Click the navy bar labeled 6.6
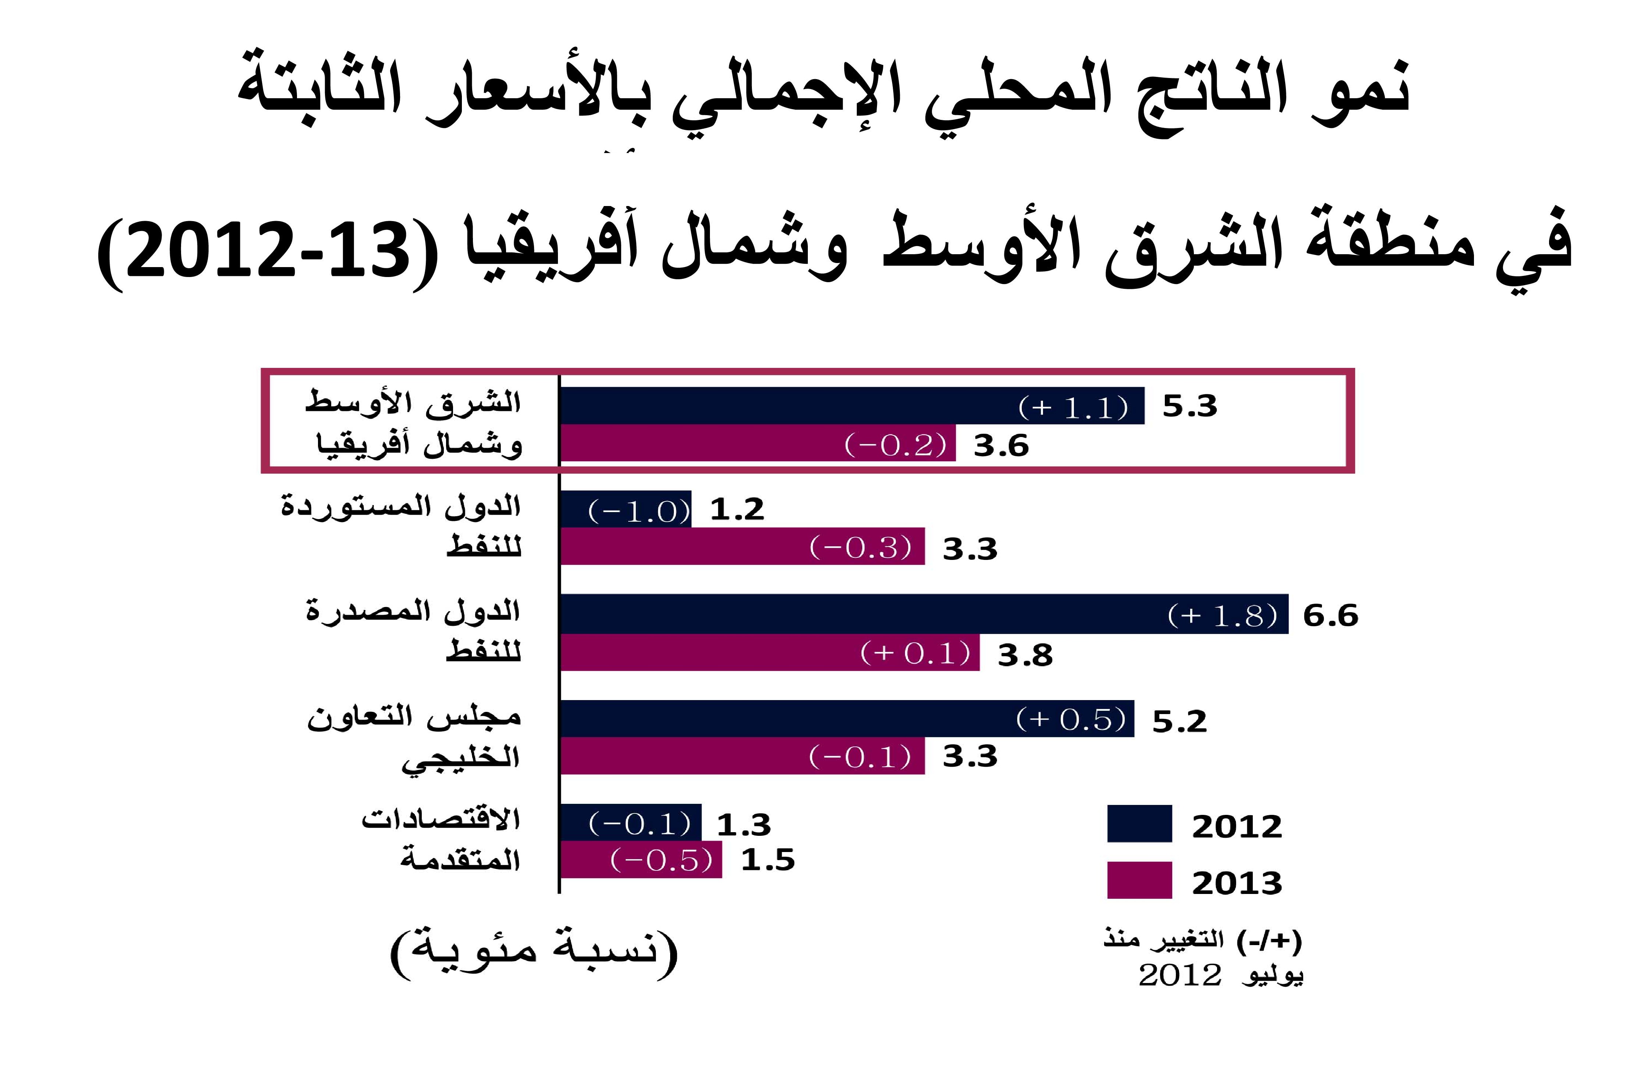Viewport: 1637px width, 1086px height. pyautogui.click(x=923, y=614)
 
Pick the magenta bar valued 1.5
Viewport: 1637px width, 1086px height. pyautogui.click(x=641, y=859)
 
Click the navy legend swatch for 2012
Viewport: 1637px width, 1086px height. pyautogui.click(x=1139, y=823)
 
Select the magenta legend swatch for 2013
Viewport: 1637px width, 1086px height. pyautogui.click(x=1139, y=880)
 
